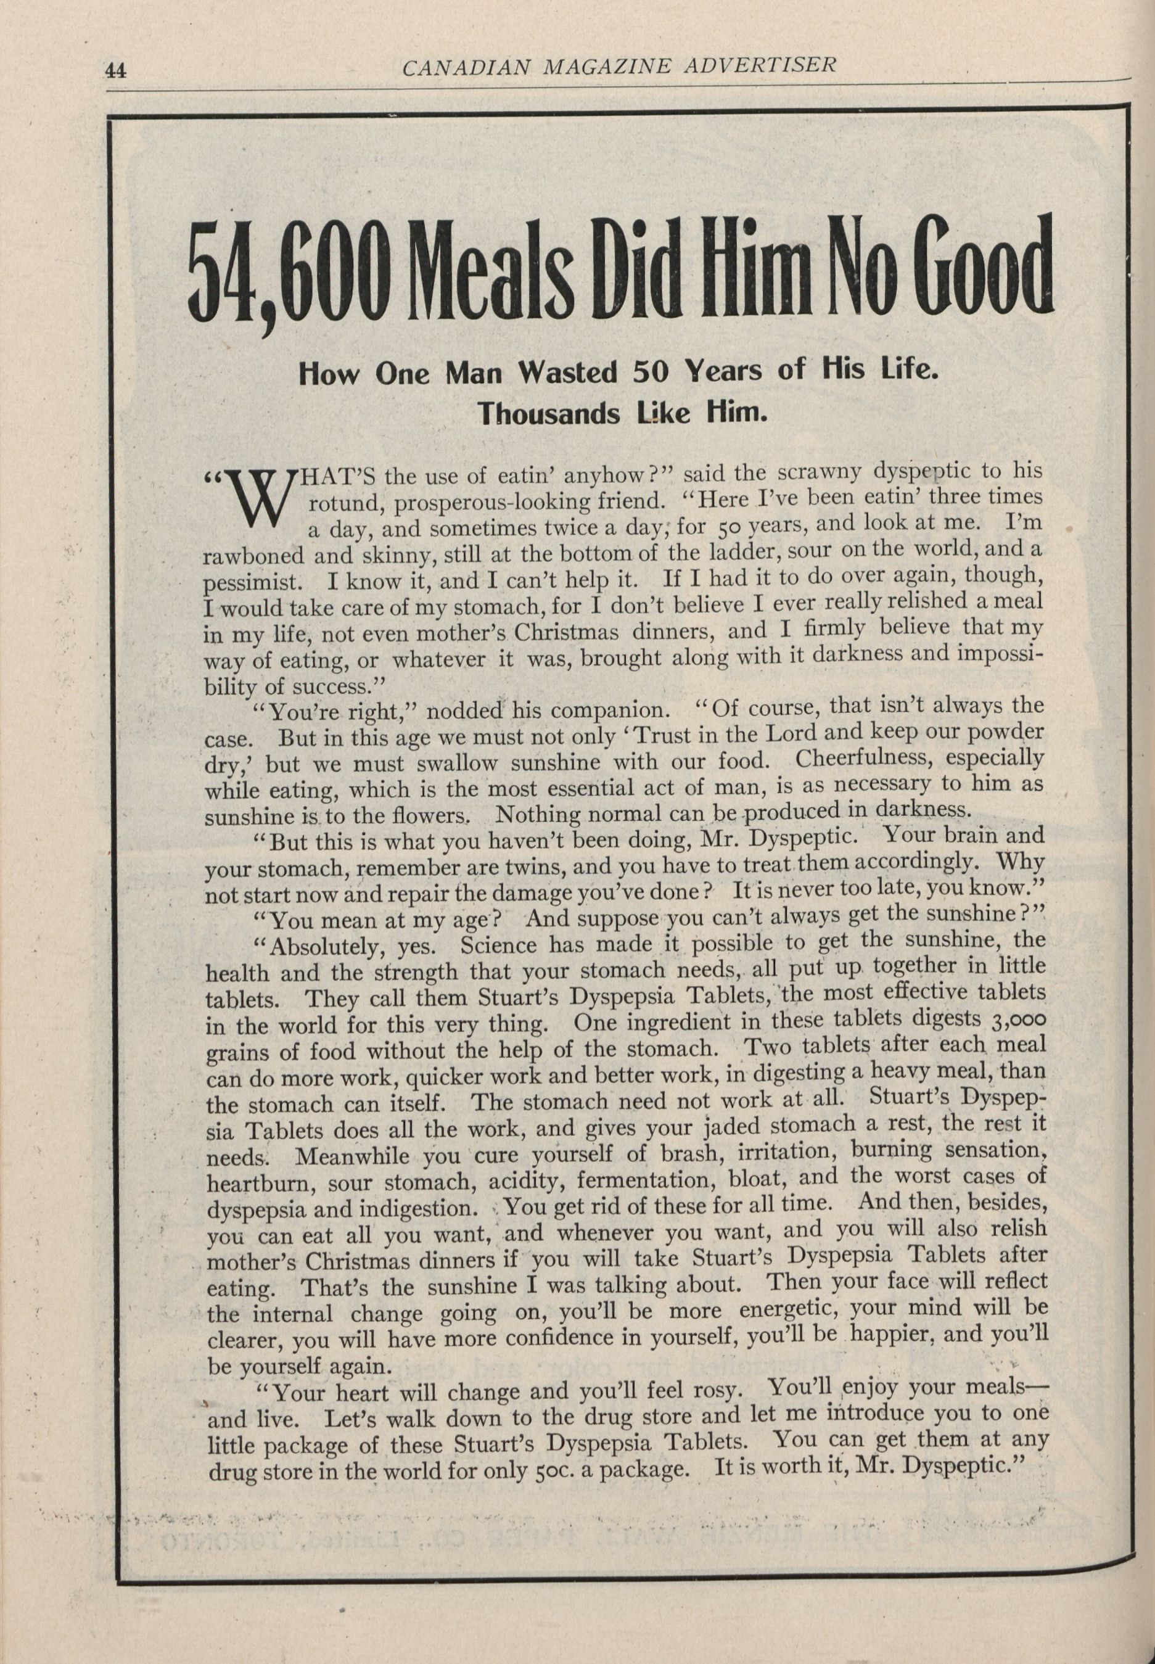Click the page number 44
coord(116,71)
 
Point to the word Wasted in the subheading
coord(568,372)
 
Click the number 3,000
coord(1017,1018)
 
